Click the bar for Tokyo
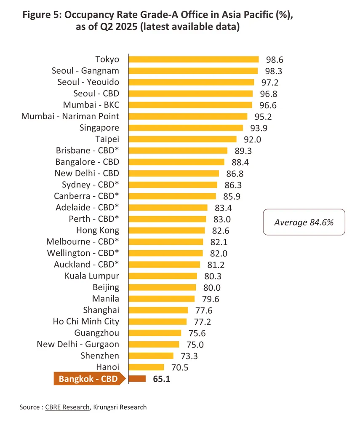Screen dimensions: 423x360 193,59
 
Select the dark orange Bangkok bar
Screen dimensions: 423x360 137,379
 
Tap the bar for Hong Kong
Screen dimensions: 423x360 166,230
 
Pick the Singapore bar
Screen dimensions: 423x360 185,128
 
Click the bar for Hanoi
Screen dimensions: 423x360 146,367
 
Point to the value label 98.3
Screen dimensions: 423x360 274,71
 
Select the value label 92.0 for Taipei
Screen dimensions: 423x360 253,139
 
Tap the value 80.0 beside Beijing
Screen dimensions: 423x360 212,288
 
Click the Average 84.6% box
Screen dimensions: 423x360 304,222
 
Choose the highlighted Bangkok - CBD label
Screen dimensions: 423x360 89,379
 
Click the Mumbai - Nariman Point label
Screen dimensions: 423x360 70,116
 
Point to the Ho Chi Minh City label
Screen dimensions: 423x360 86,322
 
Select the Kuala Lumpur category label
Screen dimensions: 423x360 92,276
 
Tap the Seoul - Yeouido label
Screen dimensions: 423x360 88,82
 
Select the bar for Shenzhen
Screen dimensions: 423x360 151,356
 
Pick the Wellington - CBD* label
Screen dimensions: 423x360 87,253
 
